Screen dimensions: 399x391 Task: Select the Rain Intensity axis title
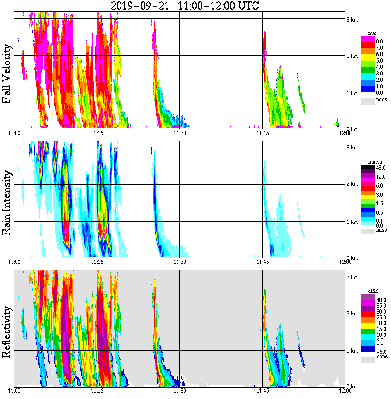coord(6,203)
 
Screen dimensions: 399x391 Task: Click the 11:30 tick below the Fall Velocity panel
coord(179,133)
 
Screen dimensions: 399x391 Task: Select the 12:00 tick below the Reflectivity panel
coord(345,391)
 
